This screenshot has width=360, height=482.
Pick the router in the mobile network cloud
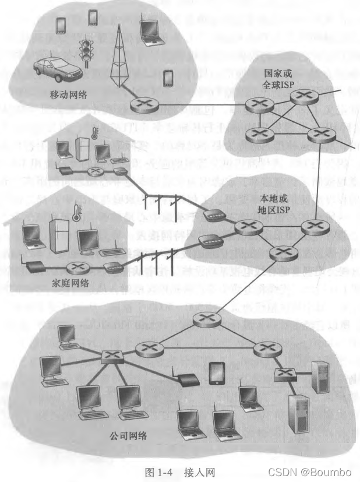[x=140, y=105]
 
